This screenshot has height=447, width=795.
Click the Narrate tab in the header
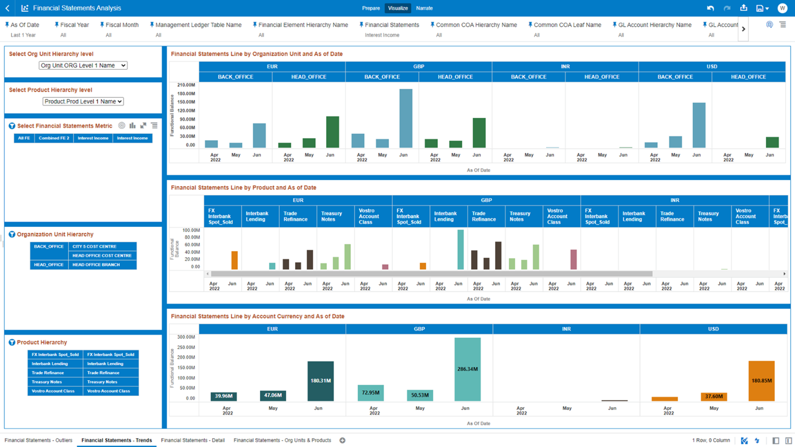coord(424,8)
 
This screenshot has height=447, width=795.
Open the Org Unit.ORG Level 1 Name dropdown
coord(83,65)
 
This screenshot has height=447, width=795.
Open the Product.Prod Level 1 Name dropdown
coord(83,101)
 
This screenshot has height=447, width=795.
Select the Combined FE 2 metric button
coord(54,138)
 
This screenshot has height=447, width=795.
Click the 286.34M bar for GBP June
coord(467,369)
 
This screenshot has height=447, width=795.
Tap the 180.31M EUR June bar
coord(320,381)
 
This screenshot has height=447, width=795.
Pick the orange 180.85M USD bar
coord(761,381)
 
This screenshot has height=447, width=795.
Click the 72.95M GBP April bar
coord(370,393)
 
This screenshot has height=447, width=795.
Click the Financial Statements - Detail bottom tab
coord(193,440)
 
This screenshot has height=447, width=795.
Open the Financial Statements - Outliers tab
coord(38,440)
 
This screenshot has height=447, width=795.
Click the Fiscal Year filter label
coord(74,25)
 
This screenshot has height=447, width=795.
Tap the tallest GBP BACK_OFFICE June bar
coord(406,118)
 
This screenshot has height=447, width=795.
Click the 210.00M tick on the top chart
coord(186,85)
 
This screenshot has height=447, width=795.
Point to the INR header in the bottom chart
coord(566,329)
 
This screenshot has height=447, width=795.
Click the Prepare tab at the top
coord(371,8)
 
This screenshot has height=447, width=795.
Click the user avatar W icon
coord(782,8)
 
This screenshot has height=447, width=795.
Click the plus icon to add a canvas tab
coord(342,440)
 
